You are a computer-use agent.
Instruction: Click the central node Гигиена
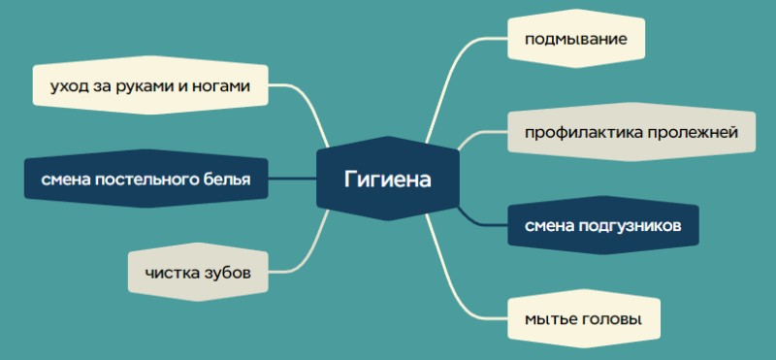[x=387, y=180]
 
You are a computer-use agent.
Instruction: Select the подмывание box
[x=575, y=41]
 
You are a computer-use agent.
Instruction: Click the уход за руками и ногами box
[x=149, y=87]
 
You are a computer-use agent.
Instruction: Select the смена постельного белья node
[x=145, y=180]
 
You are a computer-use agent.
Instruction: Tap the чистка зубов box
[x=198, y=273]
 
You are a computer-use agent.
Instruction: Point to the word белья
[x=224, y=180]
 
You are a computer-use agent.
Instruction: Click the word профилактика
[x=573, y=132]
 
